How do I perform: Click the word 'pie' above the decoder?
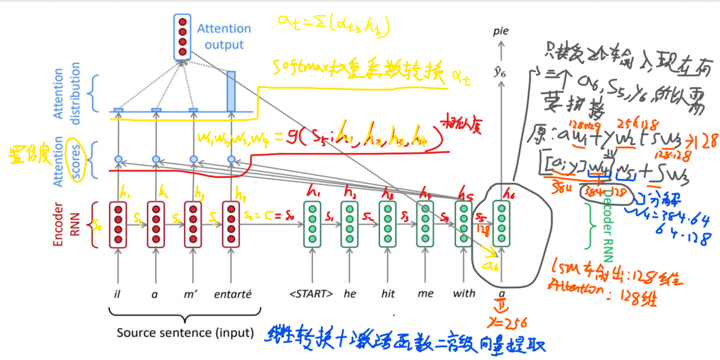[x=501, y=32]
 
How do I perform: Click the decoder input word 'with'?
[x=464, y=294]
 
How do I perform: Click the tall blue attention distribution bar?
[x=231, y=91]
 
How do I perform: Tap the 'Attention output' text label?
[x=224, y=37]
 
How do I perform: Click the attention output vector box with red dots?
[x=182, y=37]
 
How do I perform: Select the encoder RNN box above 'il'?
[x=118, y=225]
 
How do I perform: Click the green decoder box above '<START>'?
[x=312, y=225]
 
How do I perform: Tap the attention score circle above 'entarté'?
[x=231, y=159]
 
